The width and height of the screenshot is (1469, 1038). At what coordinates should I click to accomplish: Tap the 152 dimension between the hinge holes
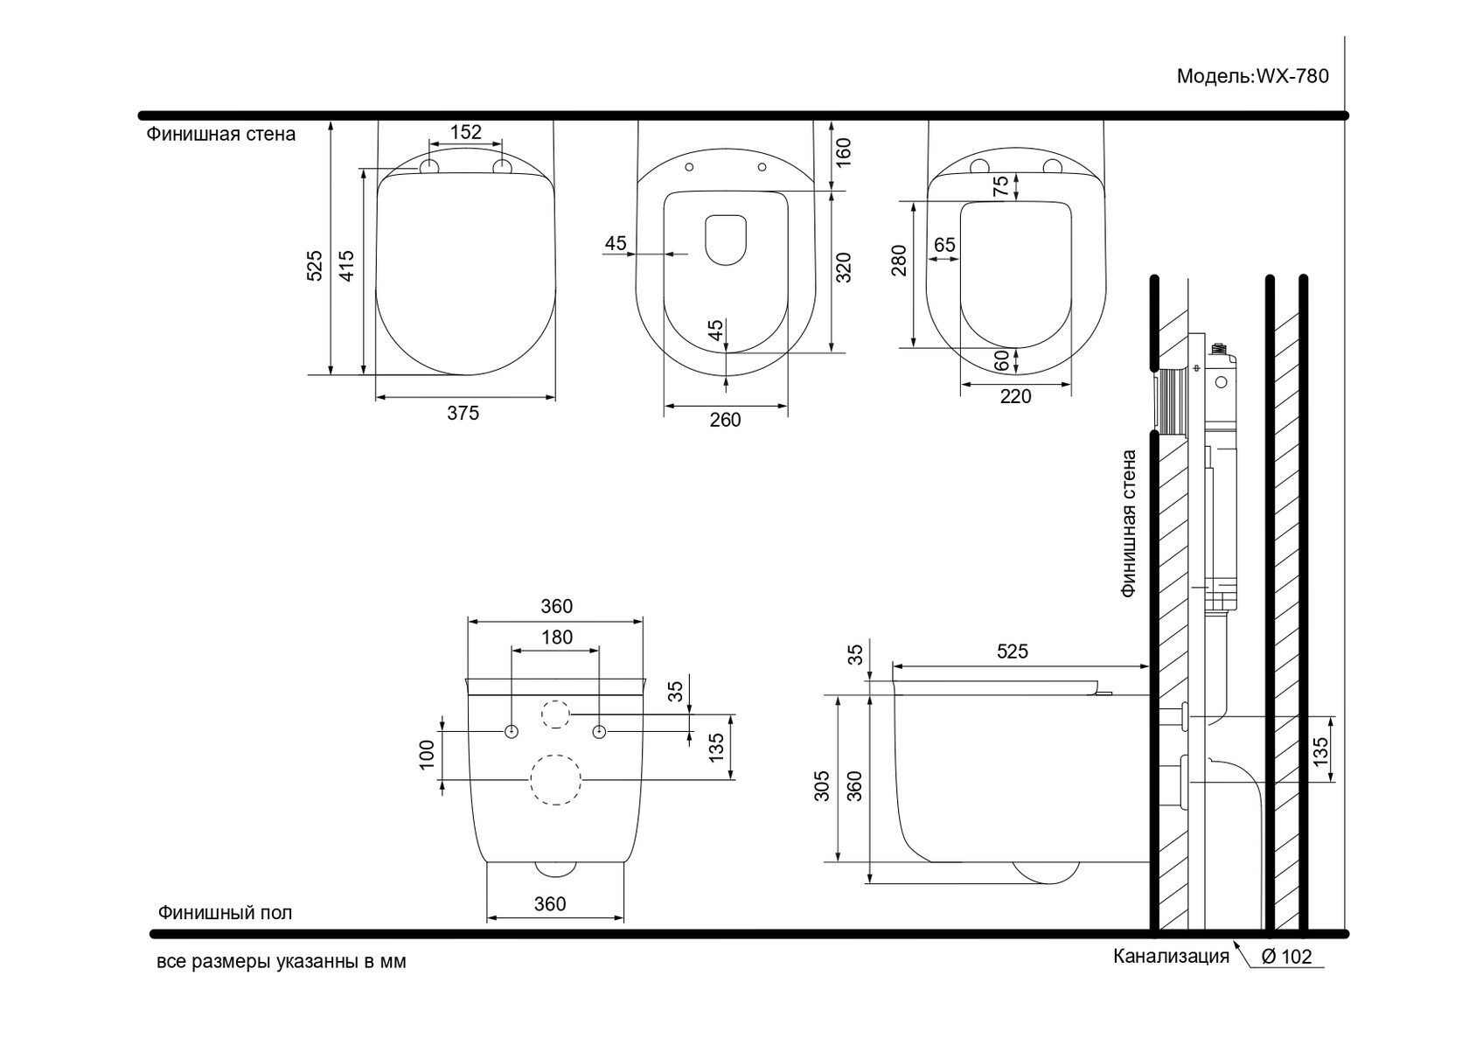coord(465,132)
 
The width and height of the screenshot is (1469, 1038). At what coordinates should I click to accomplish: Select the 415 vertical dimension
coord(347,266)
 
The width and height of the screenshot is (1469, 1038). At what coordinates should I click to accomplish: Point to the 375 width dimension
coord(463,413)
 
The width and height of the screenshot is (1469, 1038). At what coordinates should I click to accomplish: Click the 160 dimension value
coord(843,152)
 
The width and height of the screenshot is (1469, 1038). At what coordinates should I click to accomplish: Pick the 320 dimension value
coord(843,267)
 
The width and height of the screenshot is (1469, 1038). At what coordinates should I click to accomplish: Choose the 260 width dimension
coord(725,420)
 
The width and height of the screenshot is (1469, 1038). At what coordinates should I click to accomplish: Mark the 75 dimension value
coord(1001,185)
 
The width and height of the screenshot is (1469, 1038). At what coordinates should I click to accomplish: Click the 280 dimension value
coord(900,261)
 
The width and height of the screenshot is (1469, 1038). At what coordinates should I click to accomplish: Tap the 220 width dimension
coord(1015,397)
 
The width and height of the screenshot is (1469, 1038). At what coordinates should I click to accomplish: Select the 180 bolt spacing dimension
coord(556,637)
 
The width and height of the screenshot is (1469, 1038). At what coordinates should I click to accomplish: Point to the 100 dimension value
coord(427,754)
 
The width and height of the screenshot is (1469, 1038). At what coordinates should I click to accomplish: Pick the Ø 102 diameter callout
coord(1286,957)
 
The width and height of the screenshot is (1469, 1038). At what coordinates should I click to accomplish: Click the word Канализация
coord(1171,956)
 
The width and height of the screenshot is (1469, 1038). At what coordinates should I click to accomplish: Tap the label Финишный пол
coord(226,913)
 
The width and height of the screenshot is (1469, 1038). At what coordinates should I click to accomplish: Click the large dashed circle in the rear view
coord(556,779)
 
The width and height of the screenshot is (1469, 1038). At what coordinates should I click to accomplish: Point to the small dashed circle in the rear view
coord(556,714)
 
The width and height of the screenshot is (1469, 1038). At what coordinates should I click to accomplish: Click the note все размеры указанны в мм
coord(282,962)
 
